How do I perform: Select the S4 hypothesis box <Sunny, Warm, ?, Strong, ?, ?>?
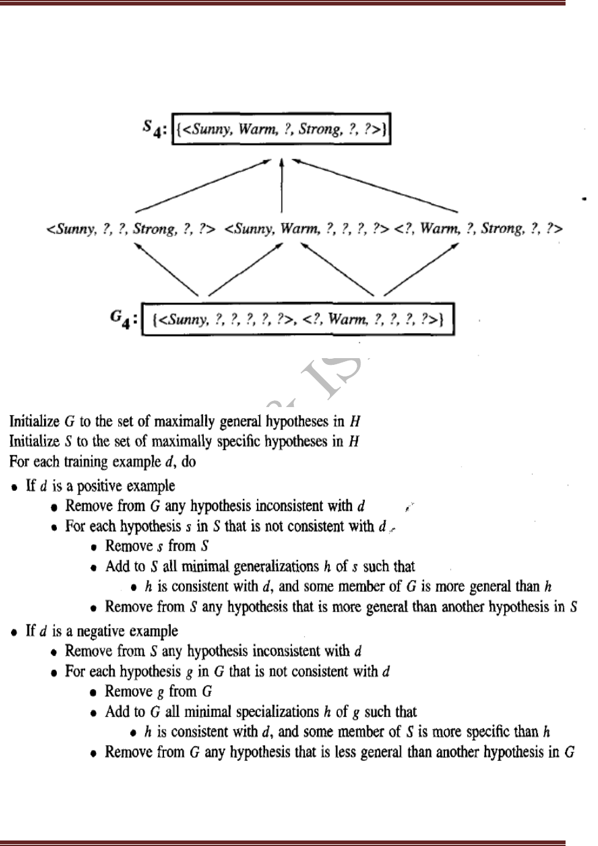pos(282,129)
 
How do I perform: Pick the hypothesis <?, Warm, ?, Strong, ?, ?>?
pos(479,229)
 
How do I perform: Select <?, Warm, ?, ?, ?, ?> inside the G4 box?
pos(373,319)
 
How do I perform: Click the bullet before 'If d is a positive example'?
pos(15,487)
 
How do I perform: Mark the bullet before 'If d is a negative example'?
pos(15,632)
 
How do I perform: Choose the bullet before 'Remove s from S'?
pos(93,547)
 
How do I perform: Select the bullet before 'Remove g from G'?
pos(93,692)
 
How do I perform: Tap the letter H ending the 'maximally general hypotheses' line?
pos(354,421)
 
